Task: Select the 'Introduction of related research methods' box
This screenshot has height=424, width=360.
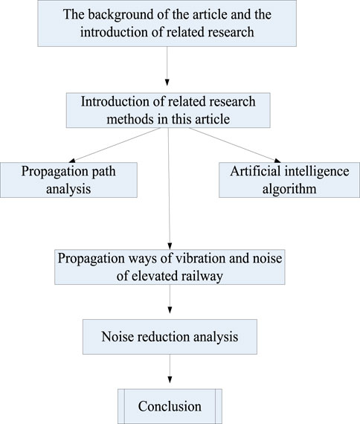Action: point(170,109)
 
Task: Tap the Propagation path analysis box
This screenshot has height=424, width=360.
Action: point(68,179)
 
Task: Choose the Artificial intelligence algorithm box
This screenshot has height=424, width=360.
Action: point(285,179)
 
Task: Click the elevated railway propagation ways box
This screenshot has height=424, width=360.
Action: point(171,266)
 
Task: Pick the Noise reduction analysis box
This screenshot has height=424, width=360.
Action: point(170,336)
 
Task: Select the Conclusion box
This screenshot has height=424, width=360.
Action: point(170,406)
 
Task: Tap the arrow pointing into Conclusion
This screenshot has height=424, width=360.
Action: point(170,371)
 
